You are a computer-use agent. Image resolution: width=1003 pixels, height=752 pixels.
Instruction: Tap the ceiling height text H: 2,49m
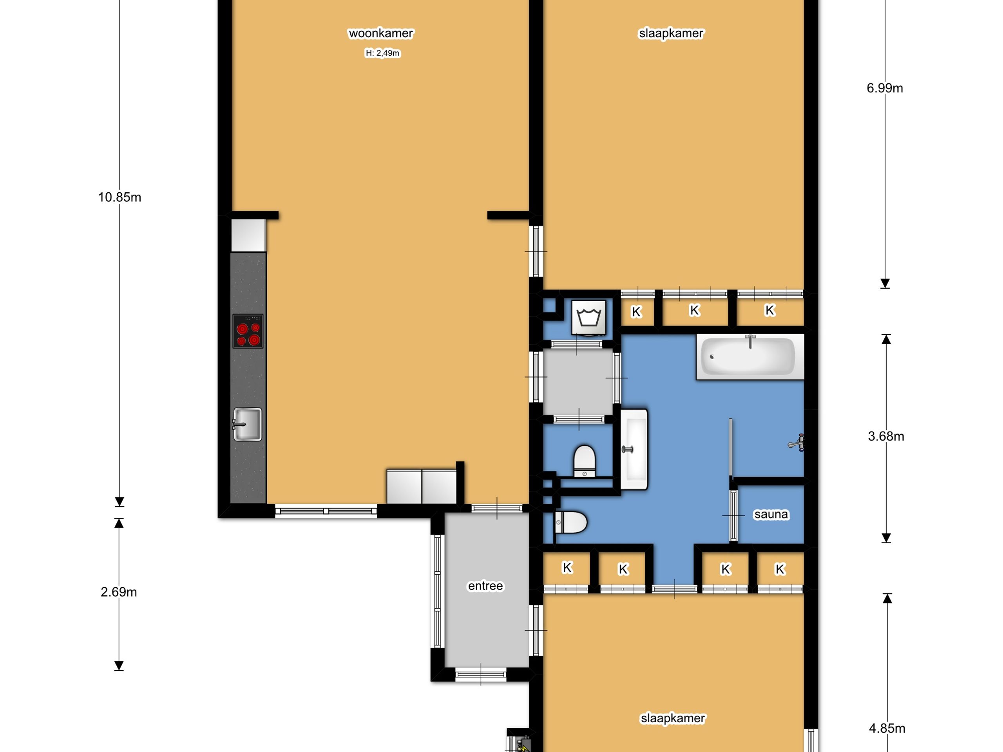click(x=382, y=53)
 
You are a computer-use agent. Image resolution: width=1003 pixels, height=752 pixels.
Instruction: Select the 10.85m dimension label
click(x=120, y=197)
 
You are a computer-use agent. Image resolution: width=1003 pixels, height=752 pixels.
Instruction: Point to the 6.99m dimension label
click(x=885, y=88)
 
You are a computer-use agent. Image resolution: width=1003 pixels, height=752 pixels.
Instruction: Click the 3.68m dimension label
click(x=886, y=436)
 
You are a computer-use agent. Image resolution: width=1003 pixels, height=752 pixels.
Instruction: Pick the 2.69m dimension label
click(x=119, y=592)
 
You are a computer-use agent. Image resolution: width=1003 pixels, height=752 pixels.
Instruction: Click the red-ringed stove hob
click(x=248, y=331)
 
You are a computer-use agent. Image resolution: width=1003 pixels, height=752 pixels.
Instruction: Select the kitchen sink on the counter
click(x=248, y=424)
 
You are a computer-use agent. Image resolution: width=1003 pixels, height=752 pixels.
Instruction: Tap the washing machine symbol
click(x=588, y=317)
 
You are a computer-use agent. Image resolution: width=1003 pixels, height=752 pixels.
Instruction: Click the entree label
click(x=485, y=586)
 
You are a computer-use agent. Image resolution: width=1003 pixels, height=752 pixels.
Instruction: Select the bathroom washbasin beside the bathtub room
click(x=634, y=449)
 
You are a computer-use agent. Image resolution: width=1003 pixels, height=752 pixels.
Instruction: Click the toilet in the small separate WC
click(x=585, y=461)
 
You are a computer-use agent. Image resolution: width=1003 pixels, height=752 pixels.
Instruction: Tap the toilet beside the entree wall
click(x=570, y=522)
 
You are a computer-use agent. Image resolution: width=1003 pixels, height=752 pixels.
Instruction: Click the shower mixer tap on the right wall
click(x=797, y=442)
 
